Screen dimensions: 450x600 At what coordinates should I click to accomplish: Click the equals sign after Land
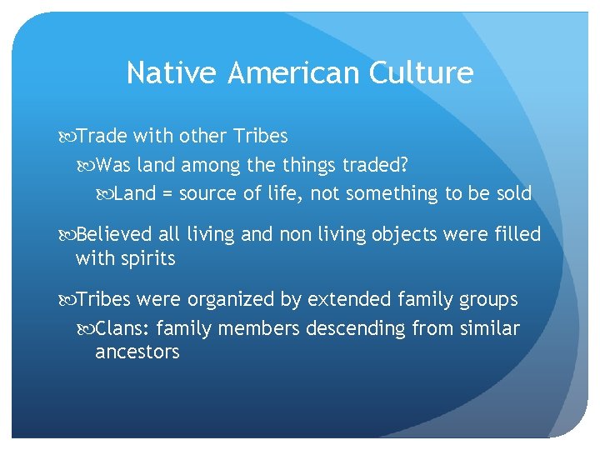[167, 194]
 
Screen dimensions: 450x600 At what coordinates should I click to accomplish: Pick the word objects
[383, 235]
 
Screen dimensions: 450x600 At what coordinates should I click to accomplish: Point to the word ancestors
[137, 352]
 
